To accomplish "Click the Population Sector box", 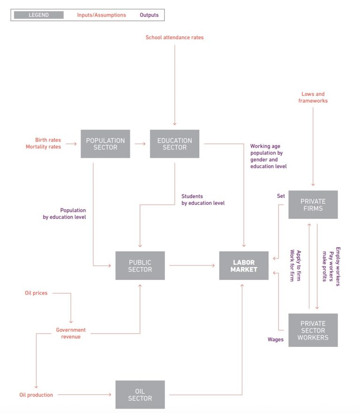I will tap(105, 144).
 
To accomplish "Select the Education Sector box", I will tap(174, 144).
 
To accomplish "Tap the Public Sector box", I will tap(140, 265).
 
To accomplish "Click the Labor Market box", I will tap(244, 265).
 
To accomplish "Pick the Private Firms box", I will tap(313, 205).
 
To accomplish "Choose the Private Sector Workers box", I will tap(313, 330).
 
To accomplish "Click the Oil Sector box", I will tap(140, 395).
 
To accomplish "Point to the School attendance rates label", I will tap(174, 37).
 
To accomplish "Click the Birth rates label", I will tap(48, 140).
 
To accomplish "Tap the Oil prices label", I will tap(36, 293).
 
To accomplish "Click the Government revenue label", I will tap(71, 333).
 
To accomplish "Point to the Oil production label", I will tap(36, 395).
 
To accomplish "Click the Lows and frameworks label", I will tap(313, 97).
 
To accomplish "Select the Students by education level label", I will tap(203, 199).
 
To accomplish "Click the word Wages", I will tap(275, 339).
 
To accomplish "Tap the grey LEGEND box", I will tap(38, 15).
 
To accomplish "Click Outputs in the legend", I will tap(149, 15).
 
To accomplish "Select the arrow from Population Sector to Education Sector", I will tap(140, 144).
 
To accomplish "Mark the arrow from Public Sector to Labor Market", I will tap(192, 265).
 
